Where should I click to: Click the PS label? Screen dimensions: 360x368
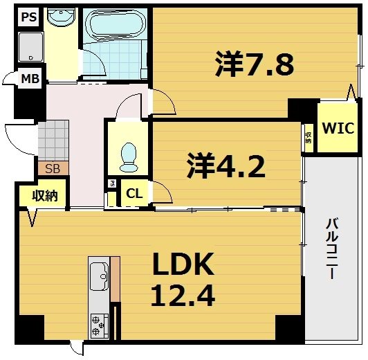(28, 17)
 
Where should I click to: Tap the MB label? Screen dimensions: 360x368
(29, 78)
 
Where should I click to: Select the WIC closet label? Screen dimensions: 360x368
(337, 128)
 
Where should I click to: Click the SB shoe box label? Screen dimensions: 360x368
(53, 168)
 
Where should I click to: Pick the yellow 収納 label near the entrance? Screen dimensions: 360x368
(44, 195)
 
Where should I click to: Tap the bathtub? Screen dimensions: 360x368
(113, 26)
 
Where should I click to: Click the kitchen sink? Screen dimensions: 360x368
(98, 277)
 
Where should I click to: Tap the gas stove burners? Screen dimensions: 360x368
(99, 325)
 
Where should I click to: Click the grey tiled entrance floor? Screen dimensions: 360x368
(53, 140)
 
